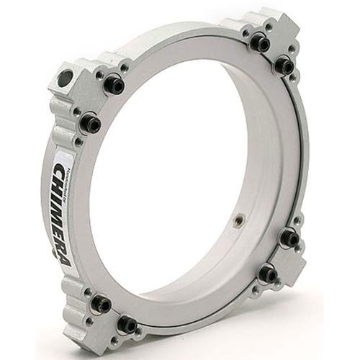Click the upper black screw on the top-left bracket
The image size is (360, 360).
tap(113, 84)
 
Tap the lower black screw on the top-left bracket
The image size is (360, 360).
tap(91, 124)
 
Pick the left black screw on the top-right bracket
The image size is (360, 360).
tap(258, 43)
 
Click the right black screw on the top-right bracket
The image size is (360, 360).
tap(284, 66)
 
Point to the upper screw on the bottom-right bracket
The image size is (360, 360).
tap(289, 238)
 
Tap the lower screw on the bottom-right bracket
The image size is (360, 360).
tap(268, 274)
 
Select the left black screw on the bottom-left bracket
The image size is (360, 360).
tap(101, 305)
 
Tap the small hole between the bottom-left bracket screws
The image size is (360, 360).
tap(110, 317)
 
